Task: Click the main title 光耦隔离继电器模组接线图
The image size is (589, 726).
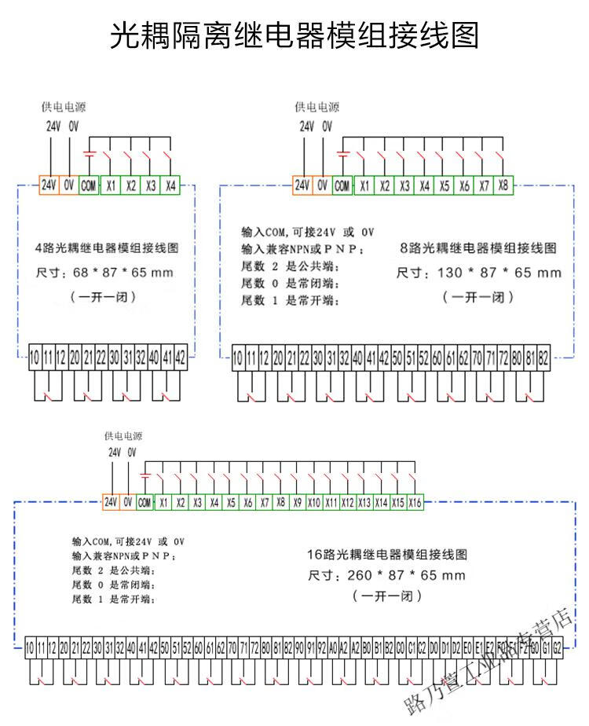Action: click(x=294, y=35)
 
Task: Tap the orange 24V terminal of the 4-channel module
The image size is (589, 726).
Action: click(x=49, y=185)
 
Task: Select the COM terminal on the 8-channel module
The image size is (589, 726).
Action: click(x=342, y=186)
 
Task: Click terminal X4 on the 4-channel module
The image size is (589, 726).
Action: click(x=170, y=185)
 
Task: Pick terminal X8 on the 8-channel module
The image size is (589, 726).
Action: click(x=503, y=186)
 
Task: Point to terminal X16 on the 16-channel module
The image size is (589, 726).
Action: click(x=415, y=502)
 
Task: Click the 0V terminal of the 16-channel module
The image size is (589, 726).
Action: click(x=127, y=502)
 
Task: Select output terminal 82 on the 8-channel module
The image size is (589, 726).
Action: click(x=543, y=357)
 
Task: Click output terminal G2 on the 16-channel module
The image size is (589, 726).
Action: click(x=557, y=649)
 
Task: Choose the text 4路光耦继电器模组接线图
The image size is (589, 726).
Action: click(x=108, y=248)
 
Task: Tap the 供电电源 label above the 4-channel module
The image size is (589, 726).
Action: click(x=64, y=107)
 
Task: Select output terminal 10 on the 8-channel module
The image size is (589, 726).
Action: click(x=238, y=357)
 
